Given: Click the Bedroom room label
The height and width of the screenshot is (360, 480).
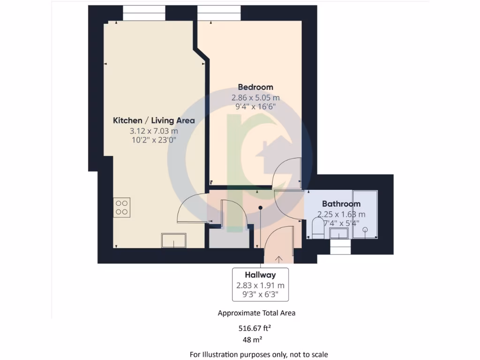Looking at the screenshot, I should coord(255,87).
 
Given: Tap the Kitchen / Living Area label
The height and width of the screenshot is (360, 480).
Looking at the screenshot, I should coord(154,120).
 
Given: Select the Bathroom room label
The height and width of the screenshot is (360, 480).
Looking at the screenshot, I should coord(341,204).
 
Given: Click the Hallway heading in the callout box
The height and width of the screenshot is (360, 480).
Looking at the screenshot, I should coord(260,275).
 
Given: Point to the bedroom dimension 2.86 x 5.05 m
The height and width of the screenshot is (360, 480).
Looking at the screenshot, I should coord(255,98).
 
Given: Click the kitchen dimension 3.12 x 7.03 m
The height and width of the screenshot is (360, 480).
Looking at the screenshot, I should coord(154,131).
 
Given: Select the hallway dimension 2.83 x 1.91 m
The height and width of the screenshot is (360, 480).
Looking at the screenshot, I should coord(260,285).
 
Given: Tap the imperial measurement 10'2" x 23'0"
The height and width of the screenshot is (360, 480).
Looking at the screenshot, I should coord(154,140).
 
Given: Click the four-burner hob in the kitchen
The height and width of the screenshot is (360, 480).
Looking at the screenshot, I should coord(122,207).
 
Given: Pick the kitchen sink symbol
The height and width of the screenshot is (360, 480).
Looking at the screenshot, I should coord(173,240).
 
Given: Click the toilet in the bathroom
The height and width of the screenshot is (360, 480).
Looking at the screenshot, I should coord(317,229).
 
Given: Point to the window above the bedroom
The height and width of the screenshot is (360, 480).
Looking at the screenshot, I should coord(219,13).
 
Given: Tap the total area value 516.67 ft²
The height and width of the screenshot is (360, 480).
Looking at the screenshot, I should coord(256,329).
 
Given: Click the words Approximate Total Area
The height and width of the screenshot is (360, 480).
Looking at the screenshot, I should coord(256,313).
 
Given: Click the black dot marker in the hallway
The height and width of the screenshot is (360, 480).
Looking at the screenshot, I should coord(261,208).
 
